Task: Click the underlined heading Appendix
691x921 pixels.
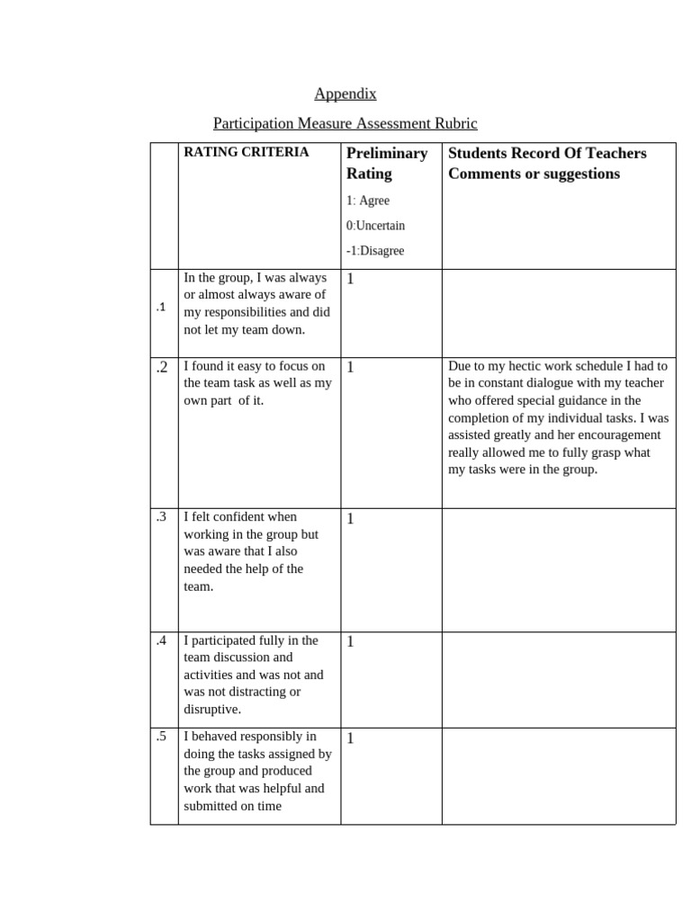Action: tap(345, 94)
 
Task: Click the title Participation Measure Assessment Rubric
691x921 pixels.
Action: tap(345, 123)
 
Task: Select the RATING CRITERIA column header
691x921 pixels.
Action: tap(246, 152)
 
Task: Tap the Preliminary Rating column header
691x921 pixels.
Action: tap(387, 163)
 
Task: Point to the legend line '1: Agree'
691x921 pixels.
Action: tap(368, 201)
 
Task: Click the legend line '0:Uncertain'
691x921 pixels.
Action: tap(375, 226)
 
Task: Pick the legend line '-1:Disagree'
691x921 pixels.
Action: tap(375, 251)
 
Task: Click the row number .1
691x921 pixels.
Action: tap(160, 308)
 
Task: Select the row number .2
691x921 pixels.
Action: tap(162, 367)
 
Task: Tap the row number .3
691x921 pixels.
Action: tap(161, 517)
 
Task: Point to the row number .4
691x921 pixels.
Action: tap(161, 640)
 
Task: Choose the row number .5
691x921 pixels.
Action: tap(161, 737)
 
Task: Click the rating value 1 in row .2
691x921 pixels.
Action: tap(350, 367)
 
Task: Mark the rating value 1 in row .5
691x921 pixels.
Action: tap(350, 738)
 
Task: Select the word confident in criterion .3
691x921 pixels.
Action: tap(243, 517)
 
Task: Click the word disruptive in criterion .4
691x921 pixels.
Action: tap(212, 709)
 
